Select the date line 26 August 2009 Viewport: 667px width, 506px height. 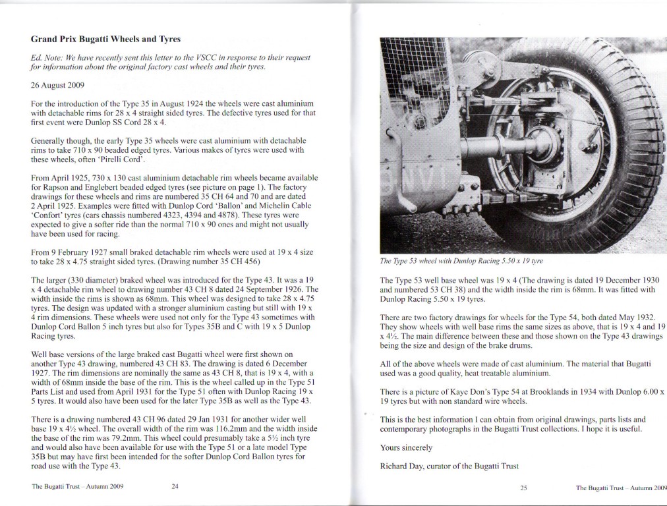point(57,85)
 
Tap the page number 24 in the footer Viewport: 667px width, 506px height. point(175,487)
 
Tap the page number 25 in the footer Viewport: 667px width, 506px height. point(523,488)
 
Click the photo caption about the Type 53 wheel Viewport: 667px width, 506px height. point(463,262)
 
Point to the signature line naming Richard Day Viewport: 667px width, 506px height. point(449,466)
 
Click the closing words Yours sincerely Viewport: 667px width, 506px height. point(406,448)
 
